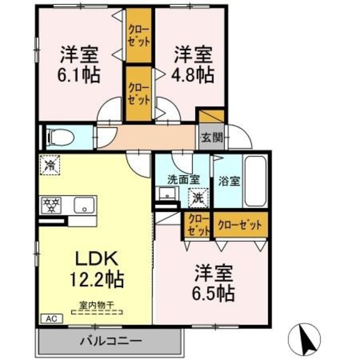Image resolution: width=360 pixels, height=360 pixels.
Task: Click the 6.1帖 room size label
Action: (79, 75)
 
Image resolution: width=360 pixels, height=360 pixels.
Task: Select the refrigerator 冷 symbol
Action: (49, 165)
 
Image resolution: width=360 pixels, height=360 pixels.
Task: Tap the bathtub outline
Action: (256, 180)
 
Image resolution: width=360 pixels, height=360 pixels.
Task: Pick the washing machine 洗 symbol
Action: (200, 197)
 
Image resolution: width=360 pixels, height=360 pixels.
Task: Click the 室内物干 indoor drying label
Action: (96, 305)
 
